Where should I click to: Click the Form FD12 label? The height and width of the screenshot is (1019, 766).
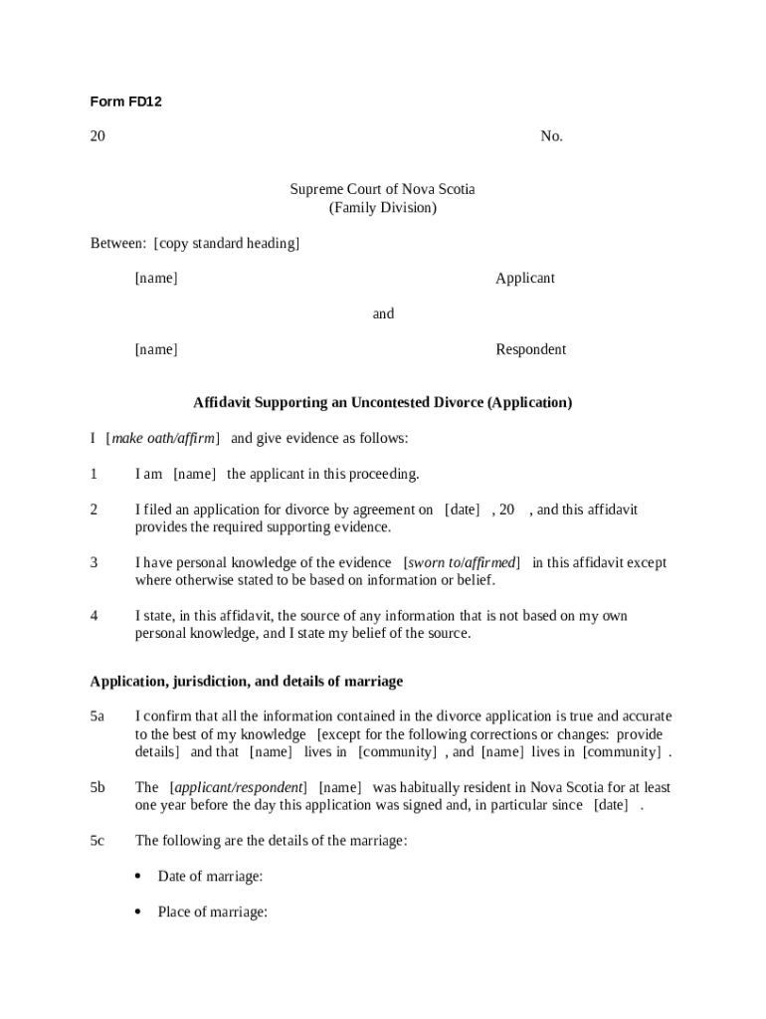pyautogui.click(x=125, y=102)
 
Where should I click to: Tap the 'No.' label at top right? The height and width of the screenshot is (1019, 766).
pyautogui.click(x=551, y=136)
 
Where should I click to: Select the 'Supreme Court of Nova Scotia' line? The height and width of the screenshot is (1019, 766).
pyautogui.click(x=382, y=189)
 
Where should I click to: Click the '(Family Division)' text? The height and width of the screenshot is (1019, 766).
pyautogui.click(x=382, y=208)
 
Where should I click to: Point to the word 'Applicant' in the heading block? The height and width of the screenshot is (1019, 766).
pyautogui.click(x=524, y=279)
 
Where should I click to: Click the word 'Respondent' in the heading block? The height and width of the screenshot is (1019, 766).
pyautogui.click(x=530, y=349)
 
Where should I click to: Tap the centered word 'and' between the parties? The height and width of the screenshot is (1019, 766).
pyautogui.click(x=383, y=314)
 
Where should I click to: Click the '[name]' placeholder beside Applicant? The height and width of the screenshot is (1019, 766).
pyautogui.click(x=156, y=279)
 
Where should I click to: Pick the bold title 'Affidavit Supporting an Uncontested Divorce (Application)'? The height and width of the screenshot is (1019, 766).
pyautogui.click(x=382, y=403)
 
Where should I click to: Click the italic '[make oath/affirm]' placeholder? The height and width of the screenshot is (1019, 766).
pyautogui.click(x=162, y=439)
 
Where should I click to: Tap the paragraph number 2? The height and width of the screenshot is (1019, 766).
pyautogui.click(x=94, y=509)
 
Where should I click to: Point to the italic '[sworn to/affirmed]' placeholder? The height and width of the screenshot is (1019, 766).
pyautogui.click(x=462, y=563)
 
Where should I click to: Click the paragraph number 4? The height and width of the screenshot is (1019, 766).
pyautogui.click(x=94, y=616)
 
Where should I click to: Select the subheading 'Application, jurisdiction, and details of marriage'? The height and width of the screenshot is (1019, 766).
pyautogui.click(x=247, y=682)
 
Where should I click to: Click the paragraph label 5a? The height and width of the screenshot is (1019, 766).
pyautogui.click(x=97, y=716)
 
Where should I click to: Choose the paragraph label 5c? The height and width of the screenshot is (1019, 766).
pyautogui.click(x=97, y=841)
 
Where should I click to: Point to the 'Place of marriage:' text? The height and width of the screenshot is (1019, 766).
pyautogui.click(x=212, y=912)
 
